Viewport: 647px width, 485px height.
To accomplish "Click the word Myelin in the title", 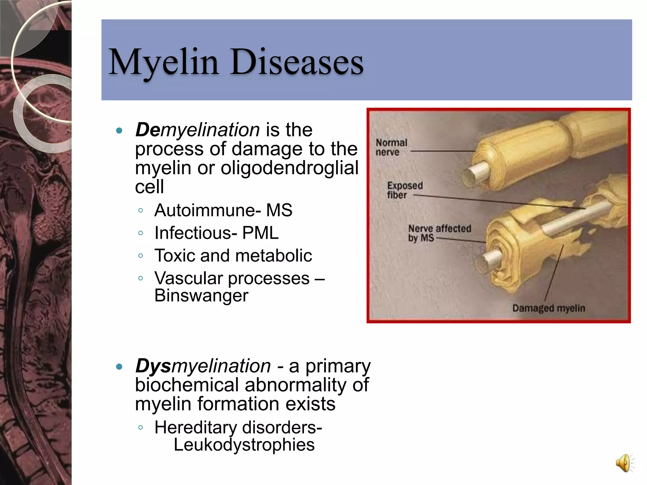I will (164, 63).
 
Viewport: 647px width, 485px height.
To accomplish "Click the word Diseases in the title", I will (297, 63).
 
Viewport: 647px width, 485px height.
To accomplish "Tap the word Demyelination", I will (197, 130).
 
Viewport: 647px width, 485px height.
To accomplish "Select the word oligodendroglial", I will (289, 168).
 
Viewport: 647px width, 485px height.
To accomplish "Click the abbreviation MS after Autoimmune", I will (279, 210).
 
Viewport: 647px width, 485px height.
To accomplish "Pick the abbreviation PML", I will (260, 233).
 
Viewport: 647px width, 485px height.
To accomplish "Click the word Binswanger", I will (201, 296).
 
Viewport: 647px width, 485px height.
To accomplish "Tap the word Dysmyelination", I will (203, 366).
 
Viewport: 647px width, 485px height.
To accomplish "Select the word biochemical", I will (187, 385).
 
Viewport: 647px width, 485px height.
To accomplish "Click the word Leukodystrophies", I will (244, 445).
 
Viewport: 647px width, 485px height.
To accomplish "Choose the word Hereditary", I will (195, 428).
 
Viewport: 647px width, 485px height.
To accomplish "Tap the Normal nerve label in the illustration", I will (391, 147).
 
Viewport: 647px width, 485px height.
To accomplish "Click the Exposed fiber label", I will (404, 190).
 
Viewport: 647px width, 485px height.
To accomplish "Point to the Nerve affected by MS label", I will (439, 233).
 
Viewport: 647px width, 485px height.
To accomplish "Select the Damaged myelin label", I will (548, 308).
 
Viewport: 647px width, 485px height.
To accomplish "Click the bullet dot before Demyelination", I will (119, 130).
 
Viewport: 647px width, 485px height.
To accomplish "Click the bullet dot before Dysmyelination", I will (119, 367).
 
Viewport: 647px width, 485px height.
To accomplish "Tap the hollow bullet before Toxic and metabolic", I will (141, 255).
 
